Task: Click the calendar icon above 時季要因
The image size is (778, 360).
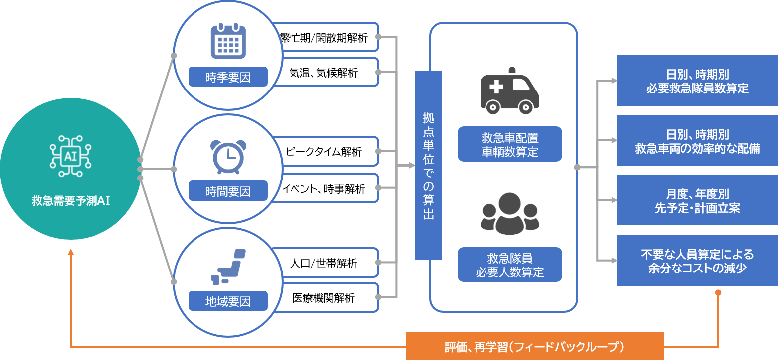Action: [x=228, y=41]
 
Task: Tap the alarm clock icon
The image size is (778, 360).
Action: [x=228, y=156]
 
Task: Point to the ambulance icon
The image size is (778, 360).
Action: [x=509, y=91]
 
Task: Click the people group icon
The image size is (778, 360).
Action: [x=509, y=214]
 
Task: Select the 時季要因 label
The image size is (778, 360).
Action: [x=228, y=77]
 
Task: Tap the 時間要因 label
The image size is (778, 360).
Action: [x=228, y=191]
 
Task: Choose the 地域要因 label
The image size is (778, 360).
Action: [x=228, y=301]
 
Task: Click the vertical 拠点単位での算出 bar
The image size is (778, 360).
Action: [x=428, y=165]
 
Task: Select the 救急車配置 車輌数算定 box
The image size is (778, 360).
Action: [x=509, y=144]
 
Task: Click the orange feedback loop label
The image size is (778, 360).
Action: [x=534, y=346]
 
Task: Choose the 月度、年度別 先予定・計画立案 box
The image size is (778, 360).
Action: [x=697, y=200]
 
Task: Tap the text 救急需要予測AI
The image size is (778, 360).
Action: [x=71, y=201]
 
